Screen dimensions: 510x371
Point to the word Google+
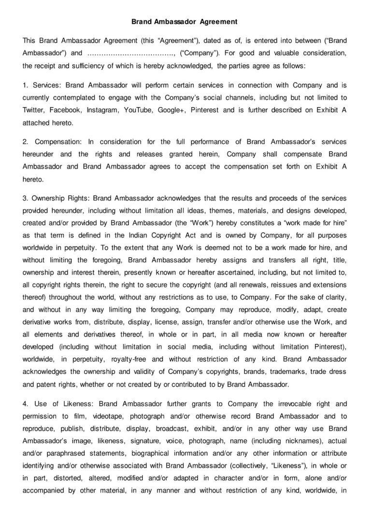171,110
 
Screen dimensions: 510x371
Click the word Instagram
102,110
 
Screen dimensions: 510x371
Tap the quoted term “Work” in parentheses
200,223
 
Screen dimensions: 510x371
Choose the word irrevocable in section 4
294,403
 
